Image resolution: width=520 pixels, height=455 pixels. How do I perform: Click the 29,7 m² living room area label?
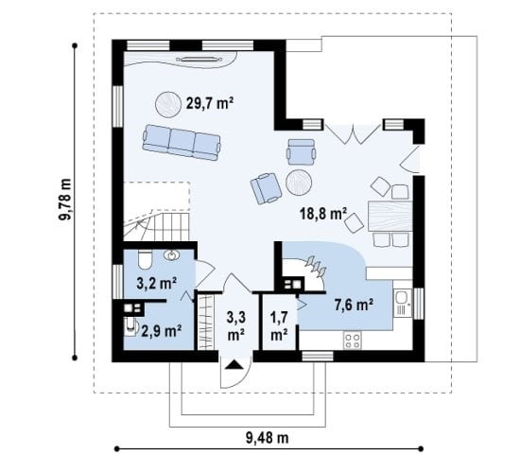tap(210, 103)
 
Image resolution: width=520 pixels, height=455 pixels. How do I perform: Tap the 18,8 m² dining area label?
tap(323, 214)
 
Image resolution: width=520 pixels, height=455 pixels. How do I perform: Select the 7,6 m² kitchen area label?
tap(354, 305)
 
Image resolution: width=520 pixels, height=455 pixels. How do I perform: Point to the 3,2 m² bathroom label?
tap(156, 284)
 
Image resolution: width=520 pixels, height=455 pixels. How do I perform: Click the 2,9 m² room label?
tap(161, 330)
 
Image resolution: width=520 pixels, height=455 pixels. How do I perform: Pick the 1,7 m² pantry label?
tap(279, 325)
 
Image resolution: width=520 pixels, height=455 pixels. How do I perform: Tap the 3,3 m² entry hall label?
tap(236, 325)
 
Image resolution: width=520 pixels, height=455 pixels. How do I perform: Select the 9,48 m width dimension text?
tap(268, 438)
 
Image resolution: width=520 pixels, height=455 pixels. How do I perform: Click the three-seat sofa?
tap(182, 143)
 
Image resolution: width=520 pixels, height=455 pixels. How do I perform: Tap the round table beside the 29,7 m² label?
tap(167, 105)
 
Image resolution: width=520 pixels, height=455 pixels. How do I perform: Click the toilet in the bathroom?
tap(145, 259)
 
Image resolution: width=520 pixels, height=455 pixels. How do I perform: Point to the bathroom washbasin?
tap(171, 254)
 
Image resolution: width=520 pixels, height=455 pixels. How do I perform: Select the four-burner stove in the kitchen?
tap(353, 341)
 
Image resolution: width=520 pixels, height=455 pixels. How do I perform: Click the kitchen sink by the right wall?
tap(403, 303)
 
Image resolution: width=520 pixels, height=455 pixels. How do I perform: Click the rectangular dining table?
tap(390, 216)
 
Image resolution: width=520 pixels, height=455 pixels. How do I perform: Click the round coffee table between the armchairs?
tap(299, 183)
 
